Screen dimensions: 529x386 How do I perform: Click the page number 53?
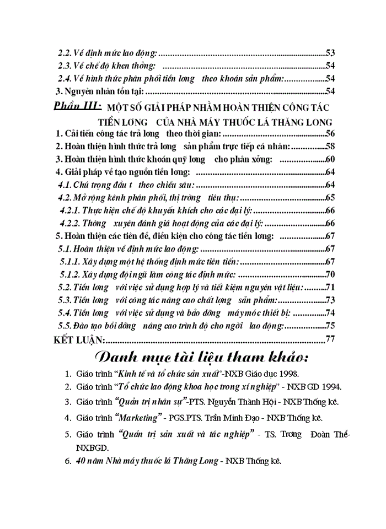coord(331,53)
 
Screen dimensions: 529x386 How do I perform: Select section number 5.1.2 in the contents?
coord(69,274)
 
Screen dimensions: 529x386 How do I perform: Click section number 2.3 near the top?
coord(66,66)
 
